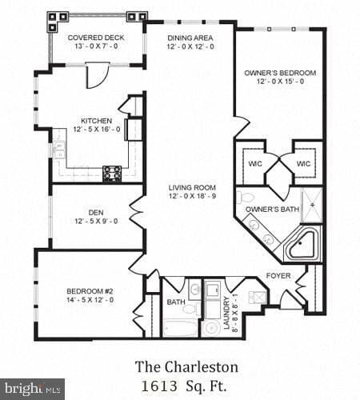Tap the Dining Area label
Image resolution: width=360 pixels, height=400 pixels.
pos(190,38)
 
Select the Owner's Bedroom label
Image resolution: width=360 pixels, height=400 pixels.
pos(280,73)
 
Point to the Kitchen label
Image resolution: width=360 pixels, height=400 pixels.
pos(96,122)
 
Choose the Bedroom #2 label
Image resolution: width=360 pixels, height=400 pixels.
pos(90,291)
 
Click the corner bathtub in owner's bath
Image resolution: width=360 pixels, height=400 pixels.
pos(303,244)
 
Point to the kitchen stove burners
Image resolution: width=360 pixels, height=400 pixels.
pos(112,170)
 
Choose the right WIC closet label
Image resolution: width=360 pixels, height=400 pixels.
pos(303,163)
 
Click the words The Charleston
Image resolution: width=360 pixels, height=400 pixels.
pos(186,367)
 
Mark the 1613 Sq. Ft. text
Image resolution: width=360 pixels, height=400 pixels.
pos(186,385)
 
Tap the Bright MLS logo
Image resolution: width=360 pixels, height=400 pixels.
pos(32,389)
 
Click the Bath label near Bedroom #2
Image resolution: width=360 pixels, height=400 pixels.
pos(176,302)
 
